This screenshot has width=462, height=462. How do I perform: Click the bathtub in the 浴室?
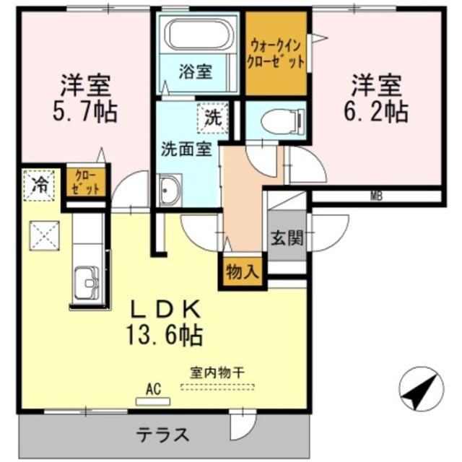coord(196,35)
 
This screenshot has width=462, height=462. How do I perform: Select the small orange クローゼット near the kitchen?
coord(86,183)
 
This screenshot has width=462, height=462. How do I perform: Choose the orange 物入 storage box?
coord(243,272)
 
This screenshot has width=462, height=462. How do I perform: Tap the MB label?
coord(376,196)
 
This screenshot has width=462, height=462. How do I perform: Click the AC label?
coord(152,389)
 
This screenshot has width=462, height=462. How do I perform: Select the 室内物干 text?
coord(217,372)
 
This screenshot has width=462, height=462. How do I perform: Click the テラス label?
coord(164,435)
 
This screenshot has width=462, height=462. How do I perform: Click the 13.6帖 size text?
coord(164,334)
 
